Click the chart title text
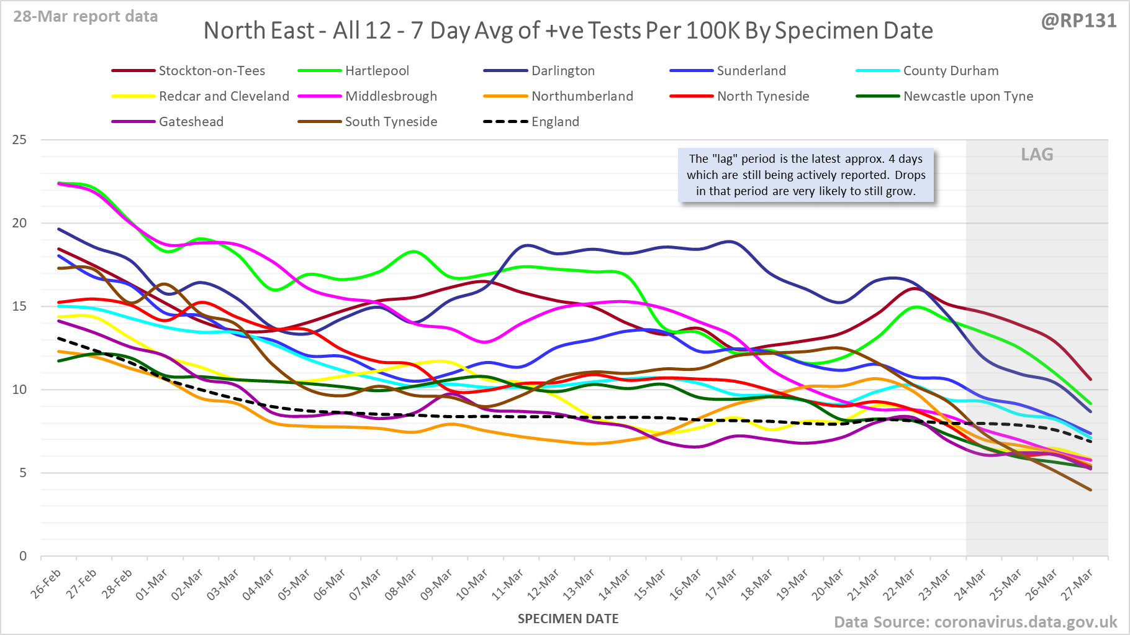[x=567, y=30]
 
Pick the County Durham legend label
[x=950, y=71]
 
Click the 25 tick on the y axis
[x=19, y=140]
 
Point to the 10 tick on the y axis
[x=19, y=390]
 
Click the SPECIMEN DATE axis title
[x=567, y=619]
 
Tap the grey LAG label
[x=1037, y=154]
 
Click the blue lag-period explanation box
[x=805, y=175]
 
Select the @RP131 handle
[x=1078, y=21]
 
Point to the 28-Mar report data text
[x=86, y=17]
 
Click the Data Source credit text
[x=975, y=622]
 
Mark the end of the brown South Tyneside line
[x=1090, y=490]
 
